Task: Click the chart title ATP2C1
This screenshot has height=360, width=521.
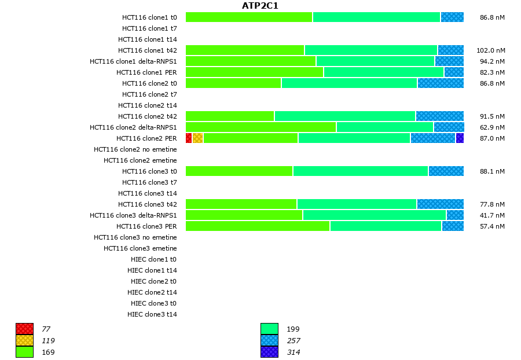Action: click(260, 6)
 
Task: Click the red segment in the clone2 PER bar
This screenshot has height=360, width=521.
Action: click(189, 138)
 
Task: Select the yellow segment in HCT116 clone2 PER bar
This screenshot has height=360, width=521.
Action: click(197, 138)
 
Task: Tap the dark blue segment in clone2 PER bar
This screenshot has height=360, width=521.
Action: click(460, 138)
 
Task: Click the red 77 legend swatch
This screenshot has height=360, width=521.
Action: click(25, 329)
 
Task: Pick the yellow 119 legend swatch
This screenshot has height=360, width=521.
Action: click(25, 340)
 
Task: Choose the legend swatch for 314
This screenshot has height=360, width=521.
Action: click(269, 352)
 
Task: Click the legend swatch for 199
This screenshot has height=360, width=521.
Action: click(269, 329)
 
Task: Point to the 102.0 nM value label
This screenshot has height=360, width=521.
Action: click(490, 50)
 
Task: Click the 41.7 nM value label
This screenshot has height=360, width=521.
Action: click(492, 215)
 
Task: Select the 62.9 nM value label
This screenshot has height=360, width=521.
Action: click(492, 127)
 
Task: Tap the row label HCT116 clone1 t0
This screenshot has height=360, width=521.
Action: click(149, 17)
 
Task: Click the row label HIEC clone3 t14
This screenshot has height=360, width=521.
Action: click(152, 314)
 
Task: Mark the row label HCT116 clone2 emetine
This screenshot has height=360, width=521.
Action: click(140, 160)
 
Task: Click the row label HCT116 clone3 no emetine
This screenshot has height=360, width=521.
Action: click(135, 237)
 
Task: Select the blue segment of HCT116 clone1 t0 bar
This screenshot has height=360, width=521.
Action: click(452, 17)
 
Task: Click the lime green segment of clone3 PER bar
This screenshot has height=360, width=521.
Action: click(258, 226)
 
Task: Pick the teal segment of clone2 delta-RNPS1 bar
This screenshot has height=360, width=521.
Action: click(385, 127)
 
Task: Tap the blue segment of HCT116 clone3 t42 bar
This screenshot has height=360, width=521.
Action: click(440, 204)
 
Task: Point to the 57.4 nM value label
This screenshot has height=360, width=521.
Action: click(492, 226)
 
